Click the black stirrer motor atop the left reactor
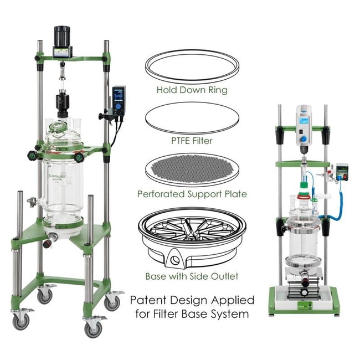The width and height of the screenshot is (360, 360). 60,36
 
